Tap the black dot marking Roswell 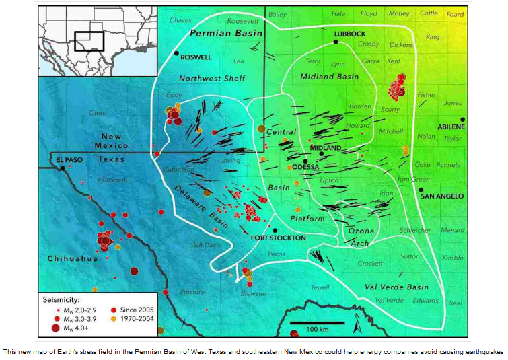[176, 53]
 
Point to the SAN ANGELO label [442, 196]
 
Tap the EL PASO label [69, 159]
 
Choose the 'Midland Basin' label [330, 77]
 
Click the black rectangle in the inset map [89, 41]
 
